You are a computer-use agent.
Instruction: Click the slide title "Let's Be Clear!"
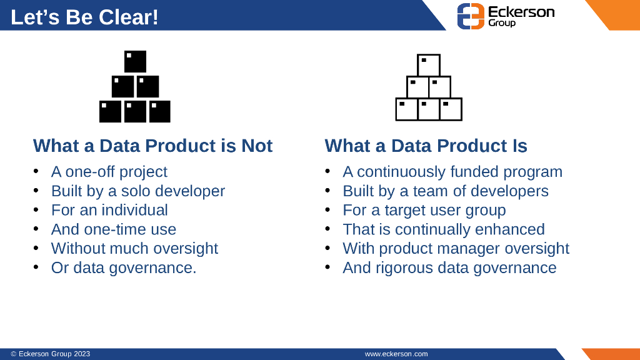coord(84,17)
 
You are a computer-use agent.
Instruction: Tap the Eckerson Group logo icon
coord(471,16)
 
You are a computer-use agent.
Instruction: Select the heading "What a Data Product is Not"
coord(152,146)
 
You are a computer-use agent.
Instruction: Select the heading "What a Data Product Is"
coord(426,146)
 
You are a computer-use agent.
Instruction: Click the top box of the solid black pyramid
coord(135,62)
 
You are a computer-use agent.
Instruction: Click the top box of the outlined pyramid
coord(428,65)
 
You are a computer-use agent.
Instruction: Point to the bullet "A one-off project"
coord(109,171)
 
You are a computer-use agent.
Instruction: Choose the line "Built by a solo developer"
coord(137,191)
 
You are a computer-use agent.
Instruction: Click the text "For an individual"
coord(109,210)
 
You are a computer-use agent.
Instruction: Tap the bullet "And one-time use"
coord(114,229)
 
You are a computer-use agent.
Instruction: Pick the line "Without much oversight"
coord(134,248)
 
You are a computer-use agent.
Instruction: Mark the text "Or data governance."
coord(124,267)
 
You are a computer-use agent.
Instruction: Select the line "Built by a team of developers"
coord(445,191)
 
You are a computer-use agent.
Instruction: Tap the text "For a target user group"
coord(424,210)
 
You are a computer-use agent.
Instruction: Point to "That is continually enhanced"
coord(443,229)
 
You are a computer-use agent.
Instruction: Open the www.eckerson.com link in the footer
coord(396,354)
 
